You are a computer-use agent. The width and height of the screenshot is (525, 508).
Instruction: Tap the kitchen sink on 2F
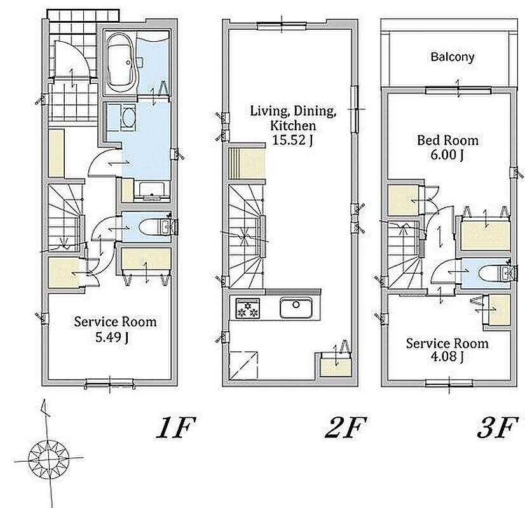coord(296,307)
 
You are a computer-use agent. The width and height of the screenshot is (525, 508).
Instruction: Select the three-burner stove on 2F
coord(248,308)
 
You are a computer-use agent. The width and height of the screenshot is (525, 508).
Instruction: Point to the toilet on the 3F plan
coord(493,273)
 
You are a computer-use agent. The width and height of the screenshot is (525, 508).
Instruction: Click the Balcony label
coord(453,57)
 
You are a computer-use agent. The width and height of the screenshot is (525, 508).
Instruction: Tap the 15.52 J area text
coord(292,140)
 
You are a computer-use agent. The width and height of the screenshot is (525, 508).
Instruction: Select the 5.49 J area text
coord(112,337)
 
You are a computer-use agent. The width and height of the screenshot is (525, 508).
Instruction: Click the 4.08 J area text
coord(447,356)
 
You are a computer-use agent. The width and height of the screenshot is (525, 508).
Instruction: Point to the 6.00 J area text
coord(447,155)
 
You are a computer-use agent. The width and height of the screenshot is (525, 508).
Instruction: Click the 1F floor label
coord(176,427)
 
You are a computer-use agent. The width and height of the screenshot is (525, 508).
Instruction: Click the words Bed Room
coord(447,140)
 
